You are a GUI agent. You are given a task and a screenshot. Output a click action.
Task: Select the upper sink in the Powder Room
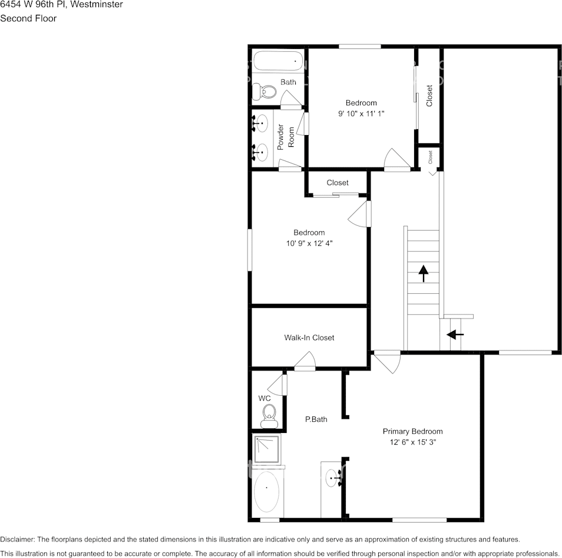click(x=261, y=124)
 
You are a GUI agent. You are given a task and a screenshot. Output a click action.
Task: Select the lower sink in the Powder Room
click(x=261, y=152)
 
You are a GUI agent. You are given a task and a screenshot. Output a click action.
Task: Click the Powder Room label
click(x=286, y=136)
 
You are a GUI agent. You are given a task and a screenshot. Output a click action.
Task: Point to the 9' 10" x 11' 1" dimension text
click(x=361, y=113)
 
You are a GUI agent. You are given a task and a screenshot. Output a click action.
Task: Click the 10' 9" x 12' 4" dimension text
click(x=309, y=243)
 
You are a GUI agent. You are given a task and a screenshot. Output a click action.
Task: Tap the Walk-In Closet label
click(x=309, y=337)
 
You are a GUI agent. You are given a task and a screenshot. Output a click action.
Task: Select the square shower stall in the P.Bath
click(x=267, y=449)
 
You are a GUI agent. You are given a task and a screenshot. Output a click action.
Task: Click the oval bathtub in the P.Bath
click(x=267, y=491)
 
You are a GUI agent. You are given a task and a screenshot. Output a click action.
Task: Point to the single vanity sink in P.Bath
click(x=334, y=478)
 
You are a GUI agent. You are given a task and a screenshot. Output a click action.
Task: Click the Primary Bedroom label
click(x=412, y=431)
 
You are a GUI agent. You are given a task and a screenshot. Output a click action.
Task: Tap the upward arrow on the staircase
click(x=423, y=273)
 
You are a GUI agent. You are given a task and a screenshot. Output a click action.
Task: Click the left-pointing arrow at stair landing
click(x=455, y=334)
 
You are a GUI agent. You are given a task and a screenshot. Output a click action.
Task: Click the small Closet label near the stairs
click(x=430, y=156)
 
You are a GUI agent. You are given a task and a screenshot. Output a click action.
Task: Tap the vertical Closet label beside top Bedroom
click(x=429, y=96)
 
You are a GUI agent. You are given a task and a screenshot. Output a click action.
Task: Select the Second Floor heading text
click(x=28, y=18)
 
